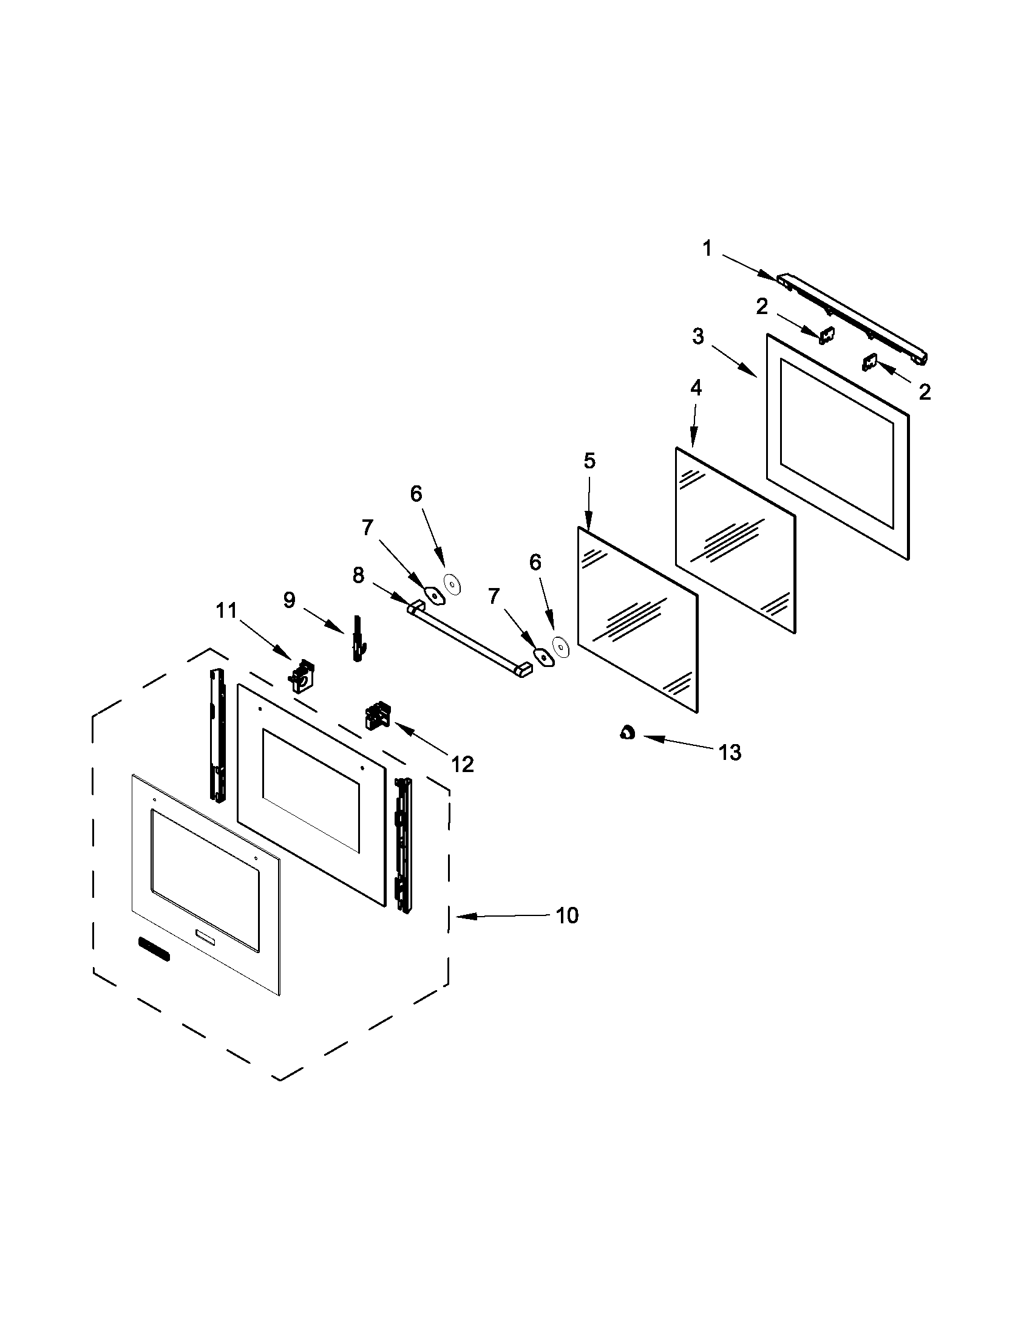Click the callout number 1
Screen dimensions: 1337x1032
tap(707, 248)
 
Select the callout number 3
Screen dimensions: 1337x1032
tap(698, 336)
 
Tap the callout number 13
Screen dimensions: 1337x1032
tap(730, 752)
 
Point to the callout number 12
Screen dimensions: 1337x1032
tap(463, 764)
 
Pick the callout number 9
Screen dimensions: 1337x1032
tap(289, 600)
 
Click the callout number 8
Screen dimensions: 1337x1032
tap(358, 575)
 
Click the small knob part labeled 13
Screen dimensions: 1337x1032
tap(627, 732)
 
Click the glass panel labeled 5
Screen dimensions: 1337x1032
tap(636, 618)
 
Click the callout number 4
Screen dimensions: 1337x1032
tap(696, 388)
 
